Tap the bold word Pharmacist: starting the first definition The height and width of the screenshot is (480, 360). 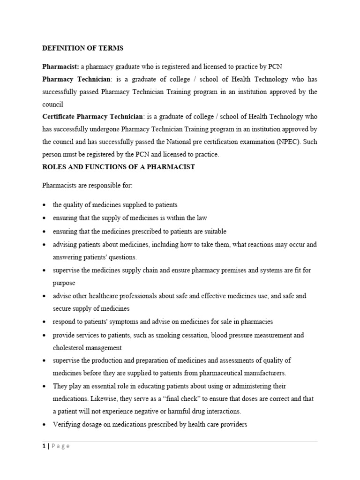[60, 66]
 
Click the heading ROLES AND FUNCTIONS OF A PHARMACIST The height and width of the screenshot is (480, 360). [118, 167]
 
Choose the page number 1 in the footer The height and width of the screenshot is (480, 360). [44, 446]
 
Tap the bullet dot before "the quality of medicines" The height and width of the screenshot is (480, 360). [44, 205]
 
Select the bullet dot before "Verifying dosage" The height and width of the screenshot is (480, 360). [44, 425]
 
